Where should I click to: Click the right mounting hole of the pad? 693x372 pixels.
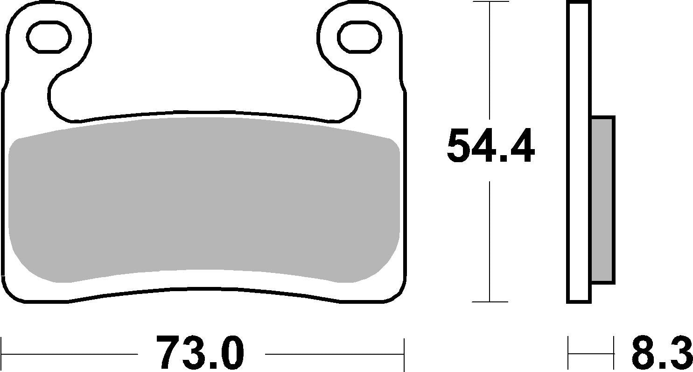[x=359, y=37]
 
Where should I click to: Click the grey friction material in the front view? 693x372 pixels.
[x=204, y=199]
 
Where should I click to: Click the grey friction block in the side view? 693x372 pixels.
[x=602, y=200]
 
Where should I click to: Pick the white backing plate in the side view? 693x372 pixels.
[x=579, y=152]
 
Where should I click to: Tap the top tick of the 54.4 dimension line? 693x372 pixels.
[x=490, y=2]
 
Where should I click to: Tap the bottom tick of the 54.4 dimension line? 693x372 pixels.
[x=490, y=302]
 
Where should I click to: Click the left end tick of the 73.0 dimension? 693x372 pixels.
[x=2, y=353]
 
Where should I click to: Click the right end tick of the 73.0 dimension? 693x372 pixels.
[x=404, y=353]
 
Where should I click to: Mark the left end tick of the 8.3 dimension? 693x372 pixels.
[x=568, y=353]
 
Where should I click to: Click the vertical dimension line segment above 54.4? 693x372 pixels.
[x=490, y=61]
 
